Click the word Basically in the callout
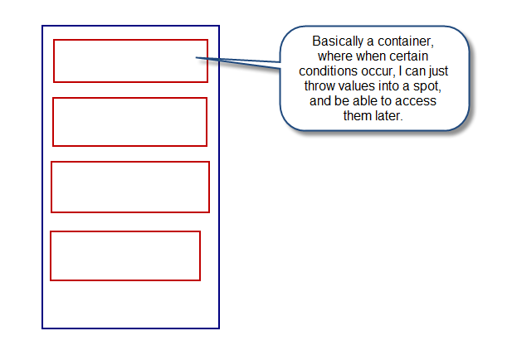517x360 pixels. (x=338, y=41)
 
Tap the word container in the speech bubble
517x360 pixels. (x=405, y=41)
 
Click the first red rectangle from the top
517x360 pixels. (x=130, y=40)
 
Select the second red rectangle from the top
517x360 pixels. (x=130, y=98)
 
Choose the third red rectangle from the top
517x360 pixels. (x=130, y=162)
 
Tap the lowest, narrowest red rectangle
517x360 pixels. (x=125, y=231)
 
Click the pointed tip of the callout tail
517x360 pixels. (x=196, y=58)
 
